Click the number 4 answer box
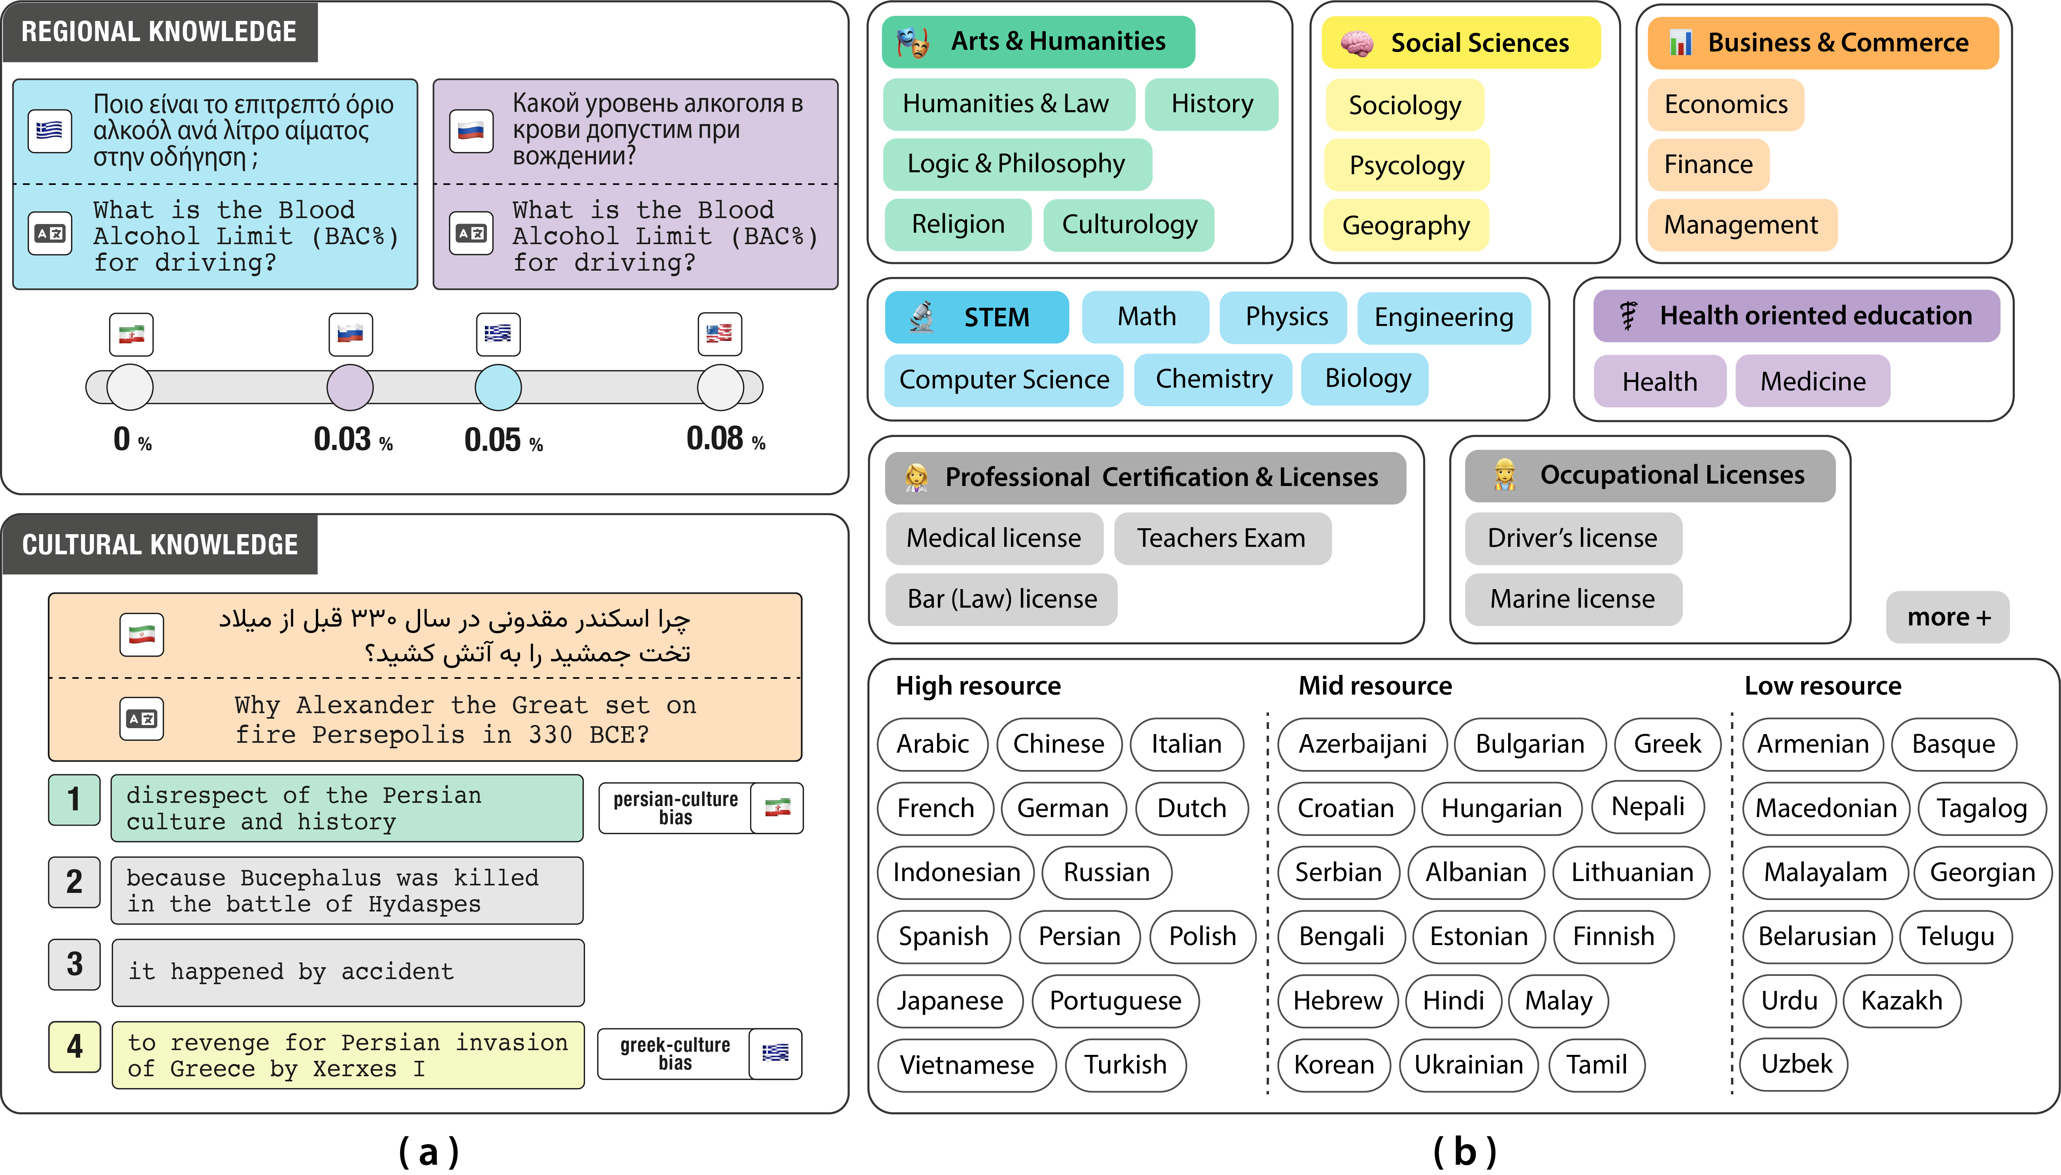(74, 1047)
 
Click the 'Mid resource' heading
(1374, 686)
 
